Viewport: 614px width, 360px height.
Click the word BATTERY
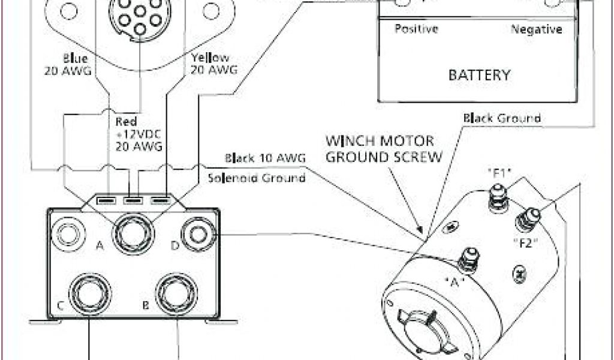[x=480, y=76]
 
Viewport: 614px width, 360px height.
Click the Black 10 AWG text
[x=266, y=158]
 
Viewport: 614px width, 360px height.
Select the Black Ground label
[x=502, y=118]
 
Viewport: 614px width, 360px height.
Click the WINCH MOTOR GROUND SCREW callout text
[x=384, y=150]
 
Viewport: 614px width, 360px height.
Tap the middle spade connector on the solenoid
[x=133, y=199]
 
